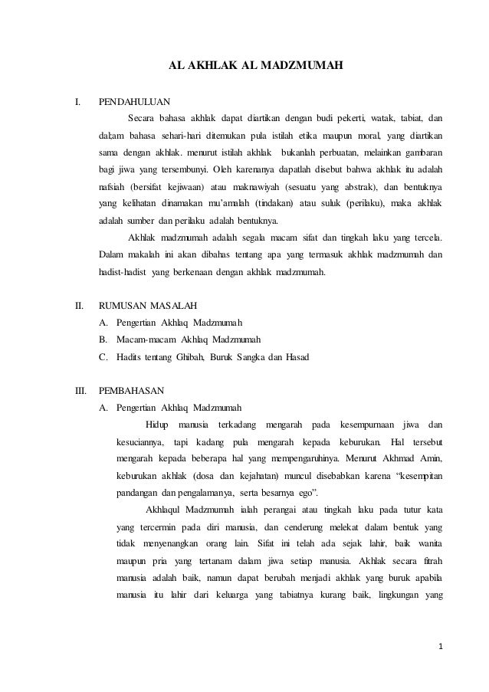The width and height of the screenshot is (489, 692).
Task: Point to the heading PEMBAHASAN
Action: (132, 389)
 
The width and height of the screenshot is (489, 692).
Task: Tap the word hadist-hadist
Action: (125, 271)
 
